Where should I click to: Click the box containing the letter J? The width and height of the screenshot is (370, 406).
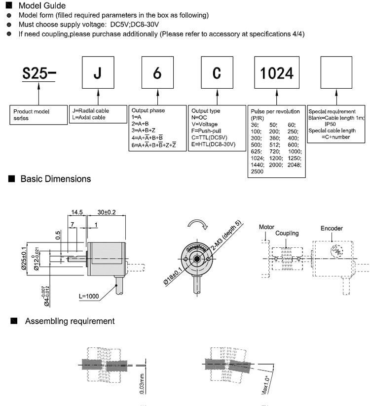coord(98,73)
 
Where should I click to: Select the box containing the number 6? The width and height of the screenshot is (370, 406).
coord(157,73)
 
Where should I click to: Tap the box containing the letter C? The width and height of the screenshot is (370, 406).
coord(217,73)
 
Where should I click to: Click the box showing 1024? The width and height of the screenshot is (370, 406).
coord(276,73)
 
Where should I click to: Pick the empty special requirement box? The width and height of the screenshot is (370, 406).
coord(336,73)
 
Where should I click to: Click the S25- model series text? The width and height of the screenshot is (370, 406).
coord(39,74)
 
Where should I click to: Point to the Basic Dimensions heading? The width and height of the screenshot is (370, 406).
coord(55,179)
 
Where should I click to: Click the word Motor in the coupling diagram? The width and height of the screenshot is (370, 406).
coord(267,227)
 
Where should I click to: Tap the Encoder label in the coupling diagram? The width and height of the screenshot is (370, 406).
coord(332,229)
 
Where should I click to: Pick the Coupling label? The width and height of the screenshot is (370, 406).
coord(287,233)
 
